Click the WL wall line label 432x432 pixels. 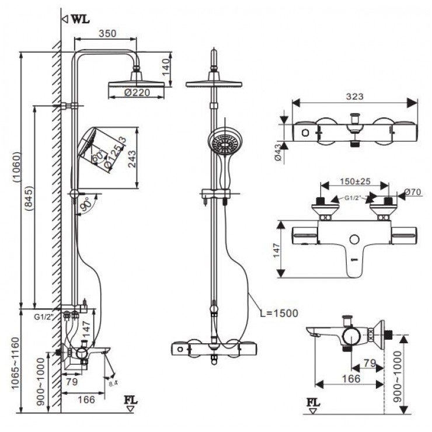80,18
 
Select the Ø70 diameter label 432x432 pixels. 412,192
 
